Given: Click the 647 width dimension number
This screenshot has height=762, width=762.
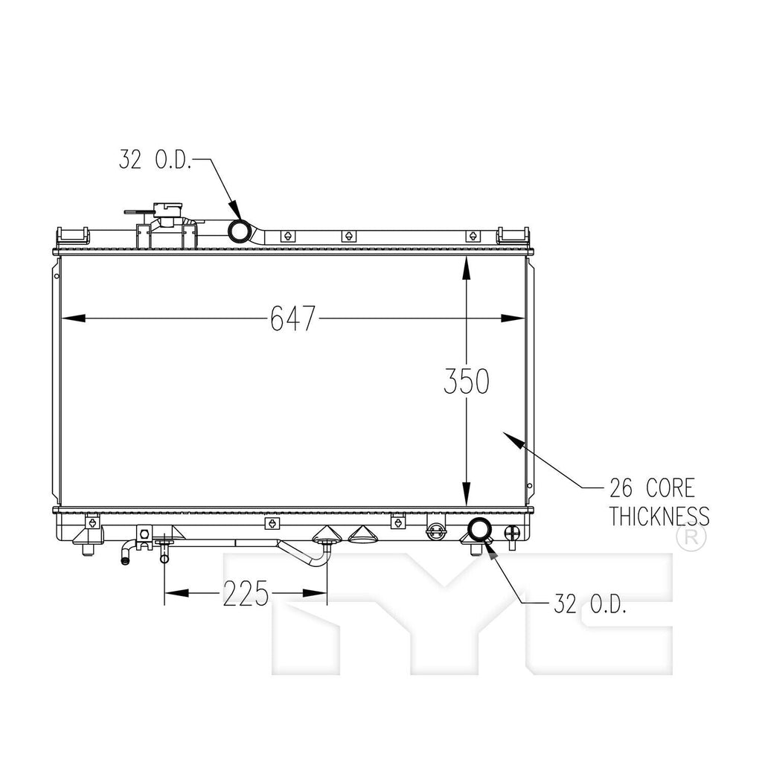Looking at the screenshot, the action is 293,318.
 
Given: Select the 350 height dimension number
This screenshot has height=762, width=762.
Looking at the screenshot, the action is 466,381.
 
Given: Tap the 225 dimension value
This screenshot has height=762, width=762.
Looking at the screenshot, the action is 246,593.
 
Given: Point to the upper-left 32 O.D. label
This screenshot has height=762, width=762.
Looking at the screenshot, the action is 155,159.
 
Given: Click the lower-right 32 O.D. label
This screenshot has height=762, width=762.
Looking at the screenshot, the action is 590,603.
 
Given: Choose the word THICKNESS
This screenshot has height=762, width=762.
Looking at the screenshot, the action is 659,516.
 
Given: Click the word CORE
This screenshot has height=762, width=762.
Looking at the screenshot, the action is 670,488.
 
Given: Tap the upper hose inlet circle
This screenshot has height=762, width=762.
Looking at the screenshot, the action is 239,231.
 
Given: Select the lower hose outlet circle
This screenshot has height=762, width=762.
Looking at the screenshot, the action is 478,530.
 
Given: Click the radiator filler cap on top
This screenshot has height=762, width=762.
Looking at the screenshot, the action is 168,214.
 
